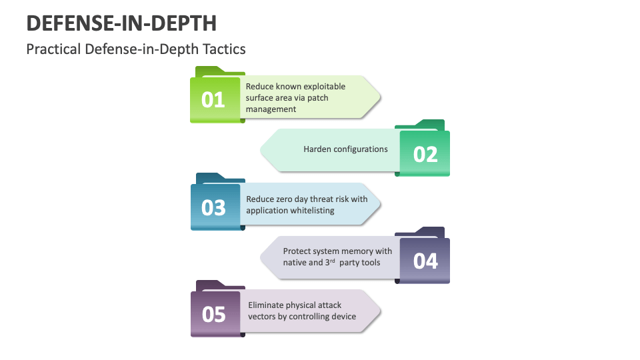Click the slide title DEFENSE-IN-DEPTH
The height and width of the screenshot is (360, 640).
pyautogui.click(x=121, y=23)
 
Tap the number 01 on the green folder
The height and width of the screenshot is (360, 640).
pyautogui.click(x=213, y=100)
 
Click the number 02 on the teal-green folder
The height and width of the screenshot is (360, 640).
pyautogui.click(x=425, y=154)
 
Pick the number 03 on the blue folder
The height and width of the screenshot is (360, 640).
pyautogui.click(x=213, y=207)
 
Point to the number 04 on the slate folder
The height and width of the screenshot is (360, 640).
pyautogui.click(x=425, y=261)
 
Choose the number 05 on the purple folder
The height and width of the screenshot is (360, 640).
pyautogui.click(x=213, y=314)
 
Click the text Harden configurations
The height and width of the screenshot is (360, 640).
pyautogui.click(x=345, y=149)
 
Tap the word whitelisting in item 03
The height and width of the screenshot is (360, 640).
pyautogui.click(x=310, y=210)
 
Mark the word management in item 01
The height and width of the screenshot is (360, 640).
pyautogui.click(x=271, y=109)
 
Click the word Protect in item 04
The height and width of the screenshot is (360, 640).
pyautogui.click(x=297, y=251)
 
